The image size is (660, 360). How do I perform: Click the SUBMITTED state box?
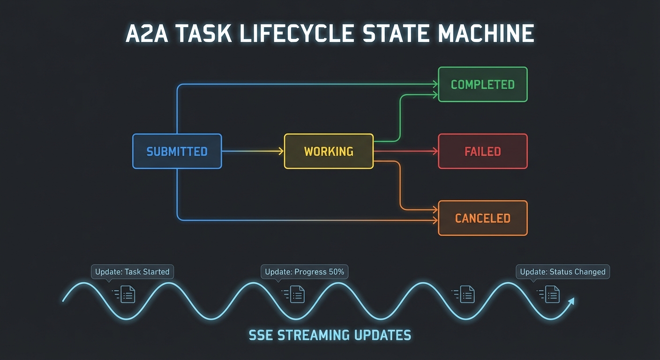click(177, 151)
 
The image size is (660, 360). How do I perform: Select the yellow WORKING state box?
click(329, 151)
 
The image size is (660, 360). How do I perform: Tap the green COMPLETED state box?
click(482, 84)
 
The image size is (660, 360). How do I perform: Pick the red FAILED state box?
click(482, 151)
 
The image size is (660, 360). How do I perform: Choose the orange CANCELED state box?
click(482, 218)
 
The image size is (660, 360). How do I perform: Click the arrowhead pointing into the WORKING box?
click(281, 151)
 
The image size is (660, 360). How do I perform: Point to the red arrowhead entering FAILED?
click(435, 151)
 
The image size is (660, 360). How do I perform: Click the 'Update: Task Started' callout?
click(132, 272)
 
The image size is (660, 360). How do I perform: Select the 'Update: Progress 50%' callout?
click(304, 272)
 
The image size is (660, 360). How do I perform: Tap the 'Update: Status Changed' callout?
click(562, 272)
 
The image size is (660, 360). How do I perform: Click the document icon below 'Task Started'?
click(128, 294)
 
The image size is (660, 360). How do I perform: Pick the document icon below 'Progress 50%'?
click(298, 294)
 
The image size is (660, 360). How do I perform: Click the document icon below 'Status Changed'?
click(553, 294)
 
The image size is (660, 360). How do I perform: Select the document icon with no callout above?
click(467, 294)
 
